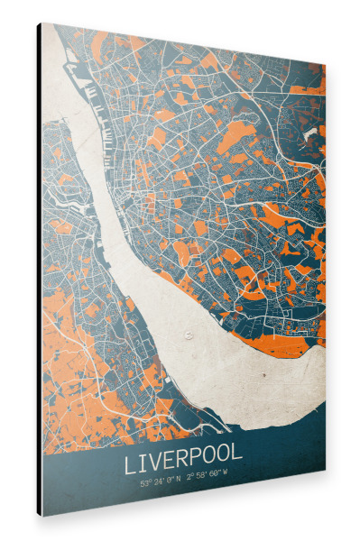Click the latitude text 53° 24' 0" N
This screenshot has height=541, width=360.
click(162, 482)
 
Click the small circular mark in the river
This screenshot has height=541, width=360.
click(188, 335)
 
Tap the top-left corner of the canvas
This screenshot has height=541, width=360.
click(43, 24)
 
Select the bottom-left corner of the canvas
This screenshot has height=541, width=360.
click(43, 515)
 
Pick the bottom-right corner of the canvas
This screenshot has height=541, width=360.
click(324, 469)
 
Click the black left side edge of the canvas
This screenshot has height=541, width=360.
click(39, 270)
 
